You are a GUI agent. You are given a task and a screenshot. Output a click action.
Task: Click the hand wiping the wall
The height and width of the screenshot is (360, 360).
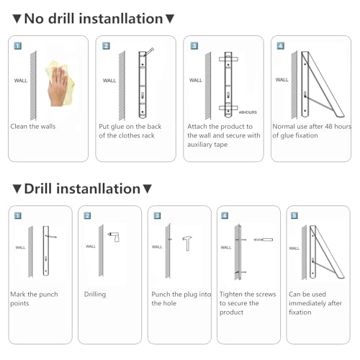[58, 86]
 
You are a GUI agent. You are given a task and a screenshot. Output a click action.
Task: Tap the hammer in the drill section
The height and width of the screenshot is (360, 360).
[187, 243]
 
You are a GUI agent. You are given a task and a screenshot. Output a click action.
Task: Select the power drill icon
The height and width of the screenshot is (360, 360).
[114, 237]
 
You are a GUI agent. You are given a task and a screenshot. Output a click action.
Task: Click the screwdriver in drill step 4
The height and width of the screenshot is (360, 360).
[264, 240]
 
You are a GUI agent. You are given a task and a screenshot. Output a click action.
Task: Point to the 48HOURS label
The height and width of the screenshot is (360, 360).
[248, 112]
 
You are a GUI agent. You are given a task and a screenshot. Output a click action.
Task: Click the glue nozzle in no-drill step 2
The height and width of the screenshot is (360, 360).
[149, 52]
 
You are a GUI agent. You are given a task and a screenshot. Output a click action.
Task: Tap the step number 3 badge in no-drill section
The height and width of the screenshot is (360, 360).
[194, 45]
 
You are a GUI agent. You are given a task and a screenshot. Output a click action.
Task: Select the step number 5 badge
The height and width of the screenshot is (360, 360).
[294, 215]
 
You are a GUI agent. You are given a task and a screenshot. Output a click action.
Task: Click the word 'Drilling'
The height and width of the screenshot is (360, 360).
[95, 294]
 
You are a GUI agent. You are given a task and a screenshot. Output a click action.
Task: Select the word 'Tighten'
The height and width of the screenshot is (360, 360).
[230, 294]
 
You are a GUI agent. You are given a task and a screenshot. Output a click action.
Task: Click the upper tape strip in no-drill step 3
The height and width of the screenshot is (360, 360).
[228, 59]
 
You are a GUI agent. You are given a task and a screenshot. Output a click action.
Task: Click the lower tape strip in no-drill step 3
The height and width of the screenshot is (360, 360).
[228, 108]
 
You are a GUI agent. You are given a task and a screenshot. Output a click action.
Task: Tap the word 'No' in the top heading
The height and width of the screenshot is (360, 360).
[34, 19]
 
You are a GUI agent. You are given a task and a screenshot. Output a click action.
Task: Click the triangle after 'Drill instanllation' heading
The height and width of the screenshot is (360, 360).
[147, 189]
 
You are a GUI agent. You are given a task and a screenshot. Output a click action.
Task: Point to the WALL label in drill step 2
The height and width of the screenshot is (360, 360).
[91, 246]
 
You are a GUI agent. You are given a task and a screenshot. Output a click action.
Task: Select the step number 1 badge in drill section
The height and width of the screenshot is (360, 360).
[18, 215]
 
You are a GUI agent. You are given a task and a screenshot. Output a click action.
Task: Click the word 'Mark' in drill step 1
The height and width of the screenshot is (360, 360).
[18, 294]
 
